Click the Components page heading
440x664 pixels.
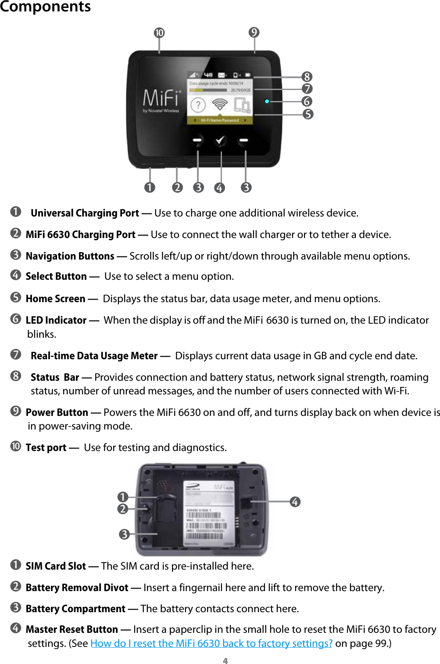pos(45,7)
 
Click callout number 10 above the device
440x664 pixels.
pos(159,33)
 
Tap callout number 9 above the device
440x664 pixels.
pos(254,32)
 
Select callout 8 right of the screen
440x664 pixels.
pos(307,77)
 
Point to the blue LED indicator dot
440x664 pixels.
pos(267,101)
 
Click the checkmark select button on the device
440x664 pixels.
pos(220,141)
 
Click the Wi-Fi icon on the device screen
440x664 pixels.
pos(220,105)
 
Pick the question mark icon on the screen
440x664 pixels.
pos(198,105)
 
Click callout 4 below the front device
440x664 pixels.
pos(219,188)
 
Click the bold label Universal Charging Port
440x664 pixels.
pos(85,213)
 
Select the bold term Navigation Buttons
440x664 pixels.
pos(70,256)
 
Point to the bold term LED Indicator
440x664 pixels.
pos(56,320)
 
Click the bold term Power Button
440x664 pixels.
pos(57,412)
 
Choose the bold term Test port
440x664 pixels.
pos(46,447)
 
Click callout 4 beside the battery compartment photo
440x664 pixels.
pos(295,502)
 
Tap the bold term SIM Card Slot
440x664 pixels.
pos(56,566)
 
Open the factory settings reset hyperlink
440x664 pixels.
pos(211,643)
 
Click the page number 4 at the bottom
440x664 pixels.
pos(225,660)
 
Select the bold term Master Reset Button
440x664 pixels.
pos(72,629)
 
